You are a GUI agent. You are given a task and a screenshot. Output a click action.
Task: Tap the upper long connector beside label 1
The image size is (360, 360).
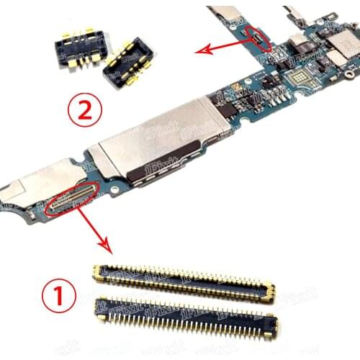pos(184,282)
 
